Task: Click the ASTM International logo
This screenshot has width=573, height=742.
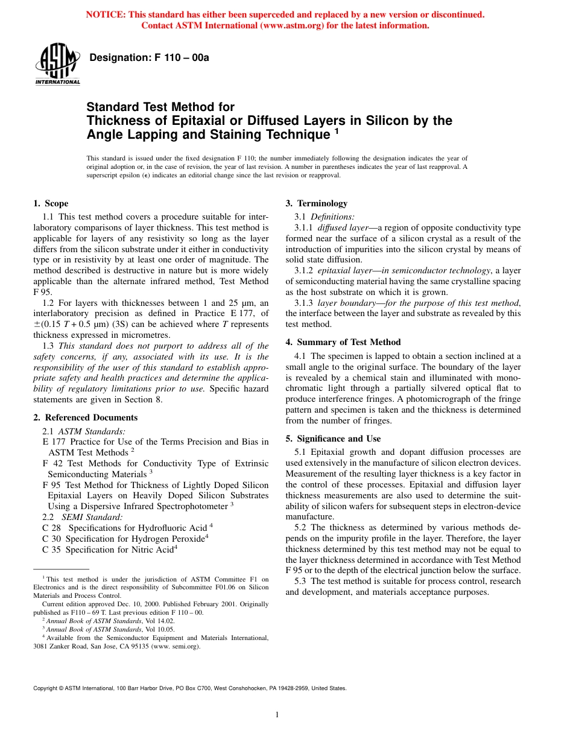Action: click(57, 64)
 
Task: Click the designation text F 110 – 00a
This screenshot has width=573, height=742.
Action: click(149, 58)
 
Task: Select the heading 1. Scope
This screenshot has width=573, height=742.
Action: click(51, 203)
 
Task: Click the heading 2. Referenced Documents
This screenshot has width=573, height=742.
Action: click(85, 417)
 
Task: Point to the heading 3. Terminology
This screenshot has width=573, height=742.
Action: click(316, 203)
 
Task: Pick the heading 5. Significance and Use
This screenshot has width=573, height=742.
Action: click(333, 439)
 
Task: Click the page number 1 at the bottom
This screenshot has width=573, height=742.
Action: click(277, 715)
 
